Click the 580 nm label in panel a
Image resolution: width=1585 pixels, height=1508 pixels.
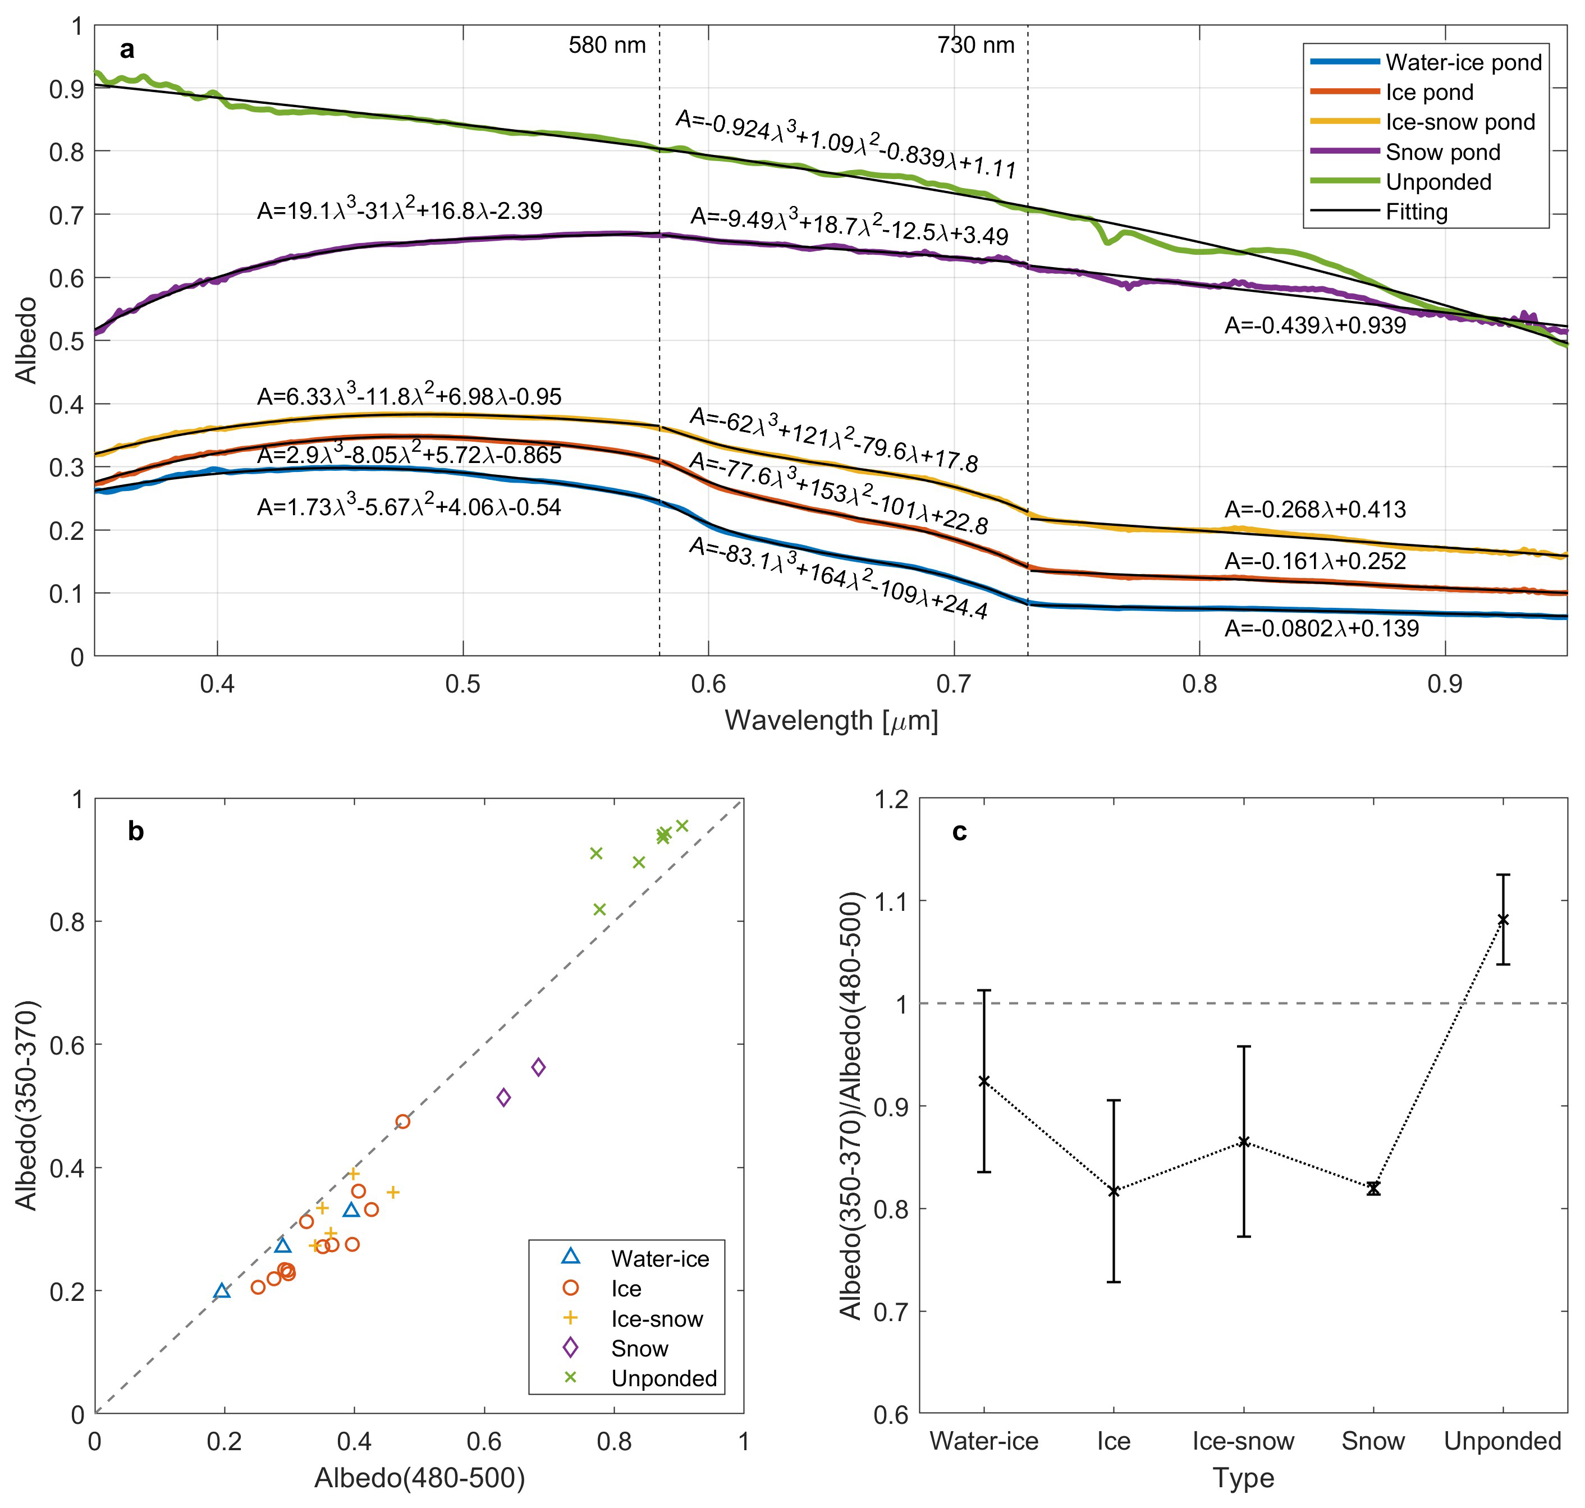click(x=607, y=45)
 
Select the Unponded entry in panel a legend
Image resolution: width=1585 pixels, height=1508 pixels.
click(x=1438, y=182)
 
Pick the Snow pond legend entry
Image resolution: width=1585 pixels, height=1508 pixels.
click(x=1442, y=152)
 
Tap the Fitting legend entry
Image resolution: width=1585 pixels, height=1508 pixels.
click(x=1416, y=212)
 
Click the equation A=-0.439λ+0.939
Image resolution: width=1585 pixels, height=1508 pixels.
click(x=1315, y=326)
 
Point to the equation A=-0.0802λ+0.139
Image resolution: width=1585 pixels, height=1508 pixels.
click(x=1321, y=629)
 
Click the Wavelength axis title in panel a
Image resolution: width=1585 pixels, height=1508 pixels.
click(x=831, y=720)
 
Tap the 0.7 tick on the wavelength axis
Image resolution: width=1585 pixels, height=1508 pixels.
click(x=953, y=684)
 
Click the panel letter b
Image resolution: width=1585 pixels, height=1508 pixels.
click(x=136, y=831)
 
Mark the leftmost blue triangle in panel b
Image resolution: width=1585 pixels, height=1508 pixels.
click(x=223, y=1291)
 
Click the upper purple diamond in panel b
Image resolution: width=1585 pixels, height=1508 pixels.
click(x=538, y=1067)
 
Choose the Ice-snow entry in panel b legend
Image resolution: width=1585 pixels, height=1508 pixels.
click(x=656, y=1318)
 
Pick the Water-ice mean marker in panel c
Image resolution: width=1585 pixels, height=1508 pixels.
click(x=984, y=1081)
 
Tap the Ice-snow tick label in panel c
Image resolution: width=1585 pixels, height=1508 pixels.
click(x=1243, y=1441)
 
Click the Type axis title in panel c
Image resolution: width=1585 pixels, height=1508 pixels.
click(x=1243, y=1478)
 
